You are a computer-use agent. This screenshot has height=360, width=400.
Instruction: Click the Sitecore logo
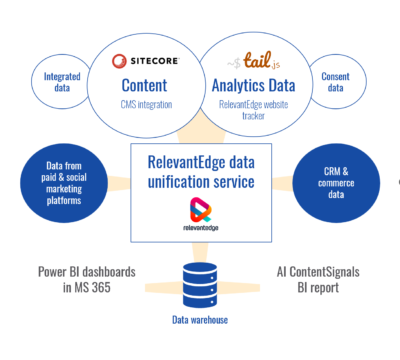tap(149, 59)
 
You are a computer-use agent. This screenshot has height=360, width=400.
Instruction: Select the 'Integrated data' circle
tap(62, 81)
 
